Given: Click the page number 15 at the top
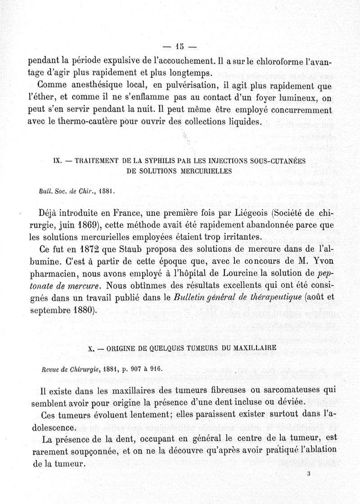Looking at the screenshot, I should pyautogui.click(x=180, y=46).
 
